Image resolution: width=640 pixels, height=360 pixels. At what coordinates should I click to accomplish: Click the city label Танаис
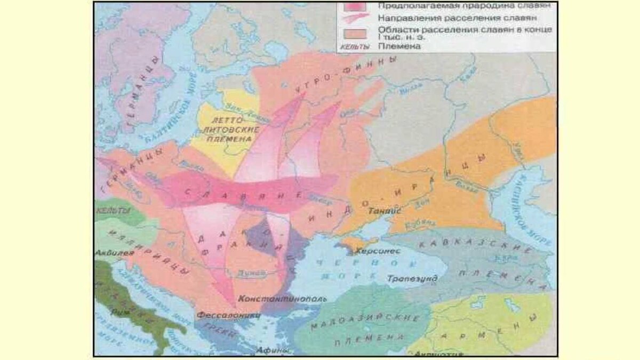pos(384,211)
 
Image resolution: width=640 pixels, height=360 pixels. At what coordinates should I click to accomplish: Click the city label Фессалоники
pos(229,315)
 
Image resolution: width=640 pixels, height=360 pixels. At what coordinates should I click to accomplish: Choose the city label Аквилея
pos(114,253)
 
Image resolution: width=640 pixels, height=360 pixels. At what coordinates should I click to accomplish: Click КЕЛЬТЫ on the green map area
pos(110,211)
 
